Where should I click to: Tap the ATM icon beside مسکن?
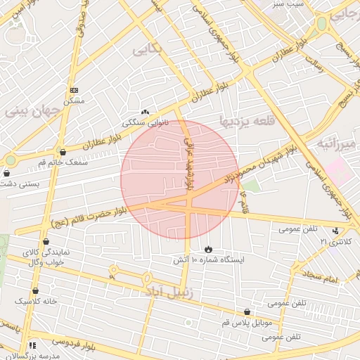(x=75, y=90)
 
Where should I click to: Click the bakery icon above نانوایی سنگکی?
(x=146, y=112)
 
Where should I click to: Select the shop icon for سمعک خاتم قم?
(x=63, y=151)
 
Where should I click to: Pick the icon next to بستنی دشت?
(x=7, y=173)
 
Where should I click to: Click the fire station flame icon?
(x=209, y=250)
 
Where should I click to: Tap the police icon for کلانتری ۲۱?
(x=337, y=231)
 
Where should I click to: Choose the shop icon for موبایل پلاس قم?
(x=247, y=311)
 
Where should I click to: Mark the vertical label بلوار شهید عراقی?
(x=188, y=161)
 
